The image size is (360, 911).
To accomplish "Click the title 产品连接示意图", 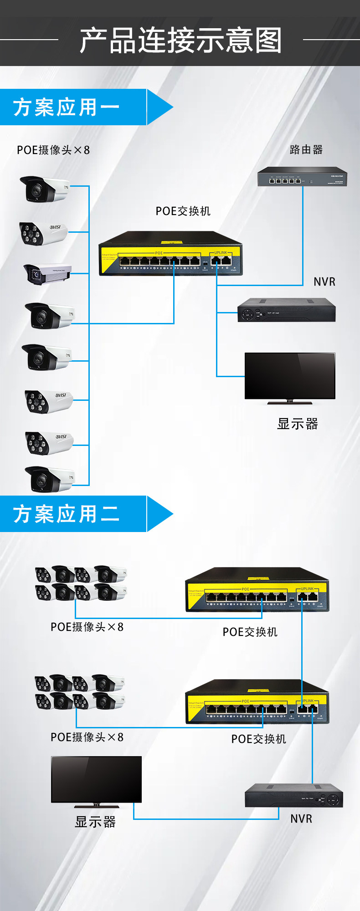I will coord(180,40).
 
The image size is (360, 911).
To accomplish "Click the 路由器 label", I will coord(306,150).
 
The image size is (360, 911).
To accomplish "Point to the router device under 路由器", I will coord(302,177).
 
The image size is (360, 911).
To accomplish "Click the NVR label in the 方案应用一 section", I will coord(324,282).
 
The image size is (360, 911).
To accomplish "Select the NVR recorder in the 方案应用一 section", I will coord(286,310).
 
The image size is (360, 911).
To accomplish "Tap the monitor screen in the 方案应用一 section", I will coord(290,376).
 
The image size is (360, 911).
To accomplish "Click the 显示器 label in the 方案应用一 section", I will coord(298,424).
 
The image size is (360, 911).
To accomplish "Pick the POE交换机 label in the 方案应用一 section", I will coord(183,211).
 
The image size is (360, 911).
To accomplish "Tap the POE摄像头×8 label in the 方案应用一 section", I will coord(53,150).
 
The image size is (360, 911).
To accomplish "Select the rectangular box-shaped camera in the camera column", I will coord(47,274).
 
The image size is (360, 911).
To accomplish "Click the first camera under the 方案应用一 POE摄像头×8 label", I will coord(44,189).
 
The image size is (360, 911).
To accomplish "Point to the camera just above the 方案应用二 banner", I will coord(49,480).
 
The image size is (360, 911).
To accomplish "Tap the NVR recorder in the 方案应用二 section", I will coord(293,795).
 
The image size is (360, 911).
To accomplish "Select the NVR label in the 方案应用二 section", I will coord(301,819).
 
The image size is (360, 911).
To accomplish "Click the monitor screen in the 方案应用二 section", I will coord(96,779).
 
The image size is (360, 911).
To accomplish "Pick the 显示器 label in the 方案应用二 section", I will coord(95,822).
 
